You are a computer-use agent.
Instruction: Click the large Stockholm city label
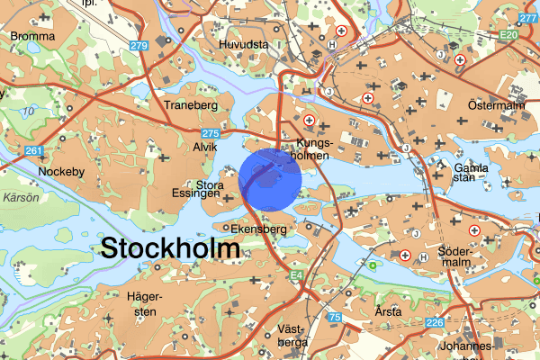(x=171, y=248)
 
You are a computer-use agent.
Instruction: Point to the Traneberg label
(x=193, y=105)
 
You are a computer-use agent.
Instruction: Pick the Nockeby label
(x=59, y=169)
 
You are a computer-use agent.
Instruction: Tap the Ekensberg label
(x=258, y=229)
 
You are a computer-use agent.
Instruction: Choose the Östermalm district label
(x=496, y=106)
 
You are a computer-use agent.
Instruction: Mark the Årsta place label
(x=390, y=311)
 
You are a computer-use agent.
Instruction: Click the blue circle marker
(x=270, y=180)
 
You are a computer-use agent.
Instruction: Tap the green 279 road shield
(x=139, y=46)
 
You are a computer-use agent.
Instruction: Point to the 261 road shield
(x=34, y=150)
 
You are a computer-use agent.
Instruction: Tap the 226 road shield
(x=436, y=323)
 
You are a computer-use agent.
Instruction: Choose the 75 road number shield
(x=335, y=317)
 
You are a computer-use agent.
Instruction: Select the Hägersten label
(x=143, y=304)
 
